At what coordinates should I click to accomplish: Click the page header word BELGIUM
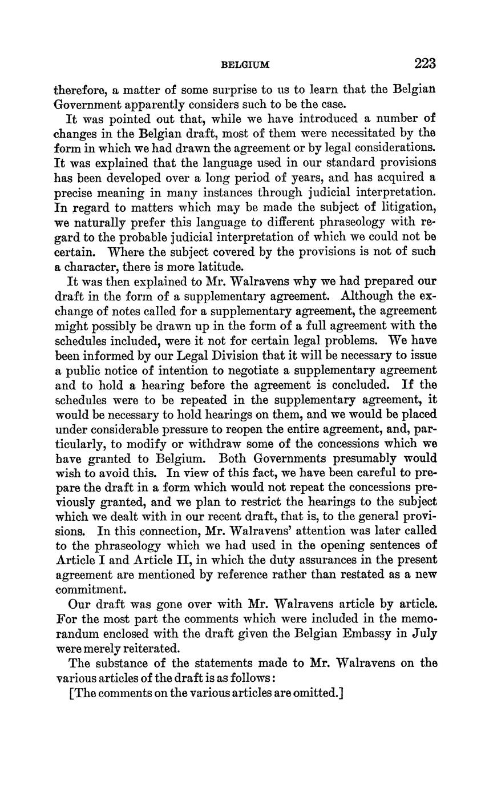[245, 65]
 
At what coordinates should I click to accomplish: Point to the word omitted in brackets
[318, 693]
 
